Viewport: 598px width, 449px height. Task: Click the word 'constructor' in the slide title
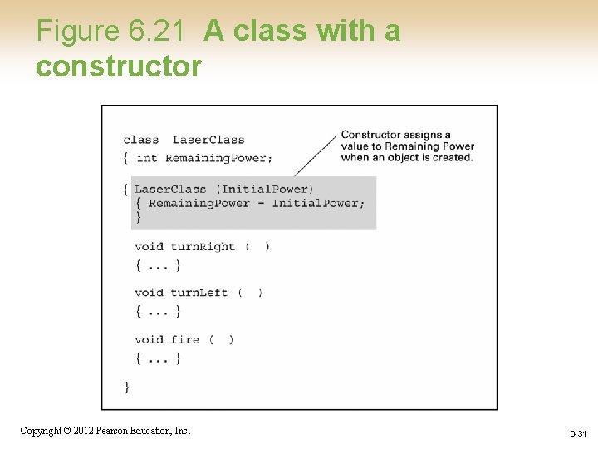(x=118, y=66)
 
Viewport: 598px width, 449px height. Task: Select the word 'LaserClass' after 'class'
(x=208, y=140)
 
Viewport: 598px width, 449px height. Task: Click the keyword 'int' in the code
(x=146, y=158)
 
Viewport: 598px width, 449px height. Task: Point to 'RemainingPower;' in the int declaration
(x=218, y=158)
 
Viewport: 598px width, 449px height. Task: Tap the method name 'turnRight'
(x=203, y=246)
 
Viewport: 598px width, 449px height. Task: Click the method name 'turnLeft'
(x=199, y=292)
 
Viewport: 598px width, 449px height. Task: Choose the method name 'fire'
(x=184, y=339)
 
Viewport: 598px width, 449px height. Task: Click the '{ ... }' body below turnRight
(x=157, y=265)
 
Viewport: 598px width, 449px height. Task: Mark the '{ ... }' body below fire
(x=157, y=358)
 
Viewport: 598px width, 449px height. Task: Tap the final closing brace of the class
(x=126, y=387)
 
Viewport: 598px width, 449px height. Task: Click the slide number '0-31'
(x=578, y=434)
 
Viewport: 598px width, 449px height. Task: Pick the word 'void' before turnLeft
(x=149, y=292)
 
